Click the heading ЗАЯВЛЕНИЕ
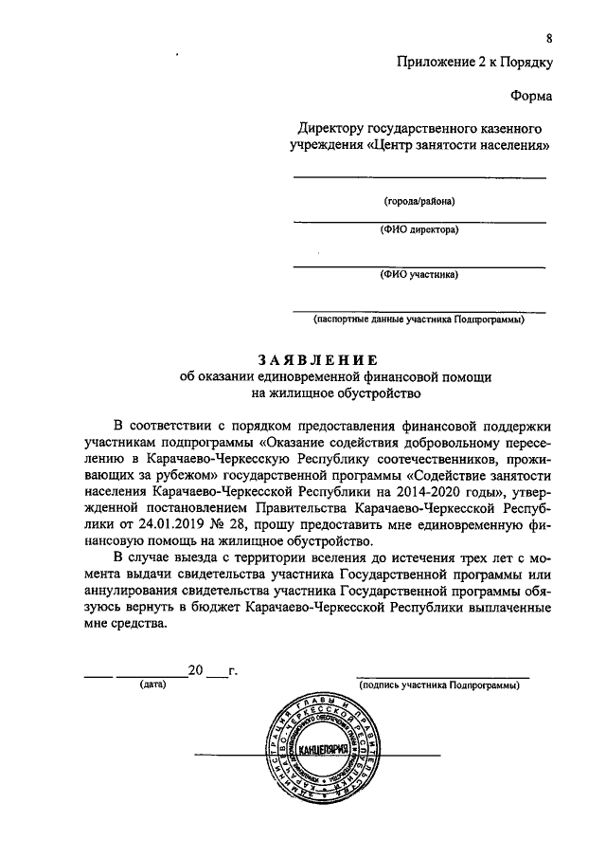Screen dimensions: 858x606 [x=318, y=359]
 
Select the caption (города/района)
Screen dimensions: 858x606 [x=419, y=202]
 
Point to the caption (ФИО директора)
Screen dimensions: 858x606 [x=419, y=229]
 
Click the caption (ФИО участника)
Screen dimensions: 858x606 [x=419, y=275]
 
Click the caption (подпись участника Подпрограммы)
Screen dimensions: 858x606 [x=440, y=684]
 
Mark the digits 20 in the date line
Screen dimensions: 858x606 [x=196, y=671]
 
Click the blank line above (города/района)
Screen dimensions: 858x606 [x=419, y=177]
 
